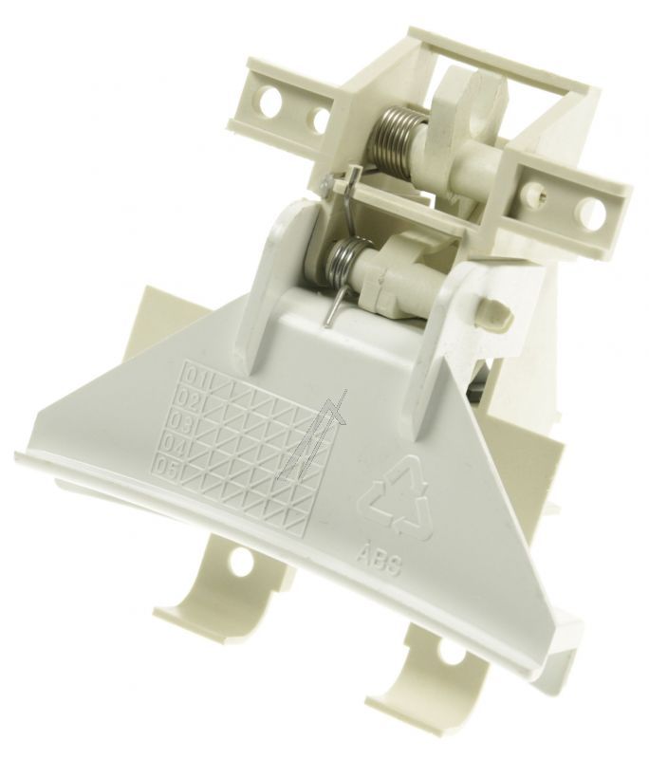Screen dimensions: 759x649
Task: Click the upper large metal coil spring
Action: pos(391,137)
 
